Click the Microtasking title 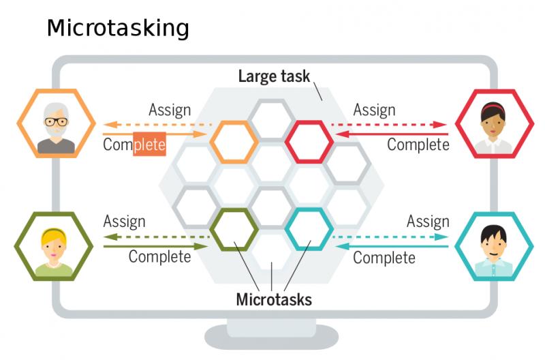(118, 29)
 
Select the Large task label (274, 76)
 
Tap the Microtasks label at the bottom (274, 299)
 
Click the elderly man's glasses (56, 122)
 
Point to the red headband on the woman (493, 108)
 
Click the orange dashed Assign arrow (157, 125)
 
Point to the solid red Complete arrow (391, 134)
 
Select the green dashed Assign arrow (157, 237)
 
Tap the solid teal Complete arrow (391, 247)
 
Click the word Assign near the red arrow (374, 110)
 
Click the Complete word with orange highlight (134, 145)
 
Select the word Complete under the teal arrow (384, 258)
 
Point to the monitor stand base (271, 337)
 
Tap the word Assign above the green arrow (124, 222)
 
